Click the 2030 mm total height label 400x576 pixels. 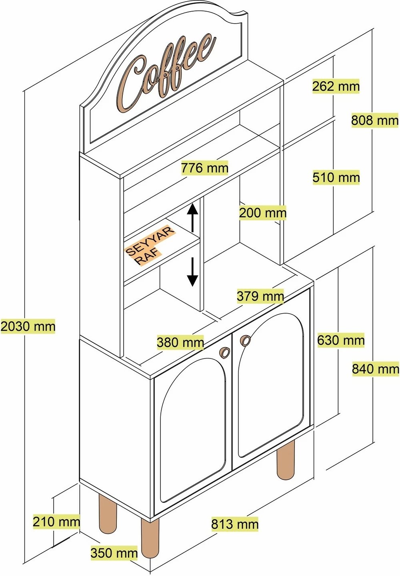(x=28, y=326)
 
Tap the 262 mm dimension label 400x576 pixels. (x=336, y=86)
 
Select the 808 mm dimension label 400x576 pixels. (x=375, y=120)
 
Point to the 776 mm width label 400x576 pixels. (x=205, y=168)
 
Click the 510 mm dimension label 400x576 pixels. (x=336, y=177)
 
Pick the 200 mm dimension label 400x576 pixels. (x=263, y=213)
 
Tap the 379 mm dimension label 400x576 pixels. (x=260, y=296)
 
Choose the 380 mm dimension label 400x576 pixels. (x=180, y=342)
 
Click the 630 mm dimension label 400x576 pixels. (x=341, y=340)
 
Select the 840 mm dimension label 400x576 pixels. (x=376, y=369)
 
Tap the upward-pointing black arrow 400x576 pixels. (x=192, y=218)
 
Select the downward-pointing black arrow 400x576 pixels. (x=192, y=272)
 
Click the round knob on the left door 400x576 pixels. (x=225, y=352)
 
